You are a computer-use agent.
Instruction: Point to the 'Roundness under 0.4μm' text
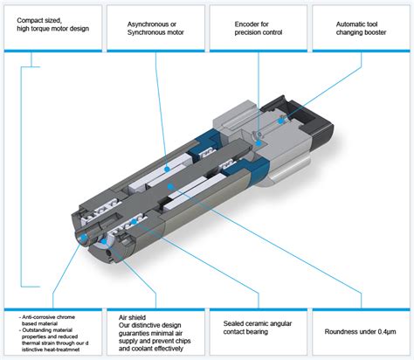tap(360, 331)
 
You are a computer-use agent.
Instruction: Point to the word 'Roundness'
tap(340, 331)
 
